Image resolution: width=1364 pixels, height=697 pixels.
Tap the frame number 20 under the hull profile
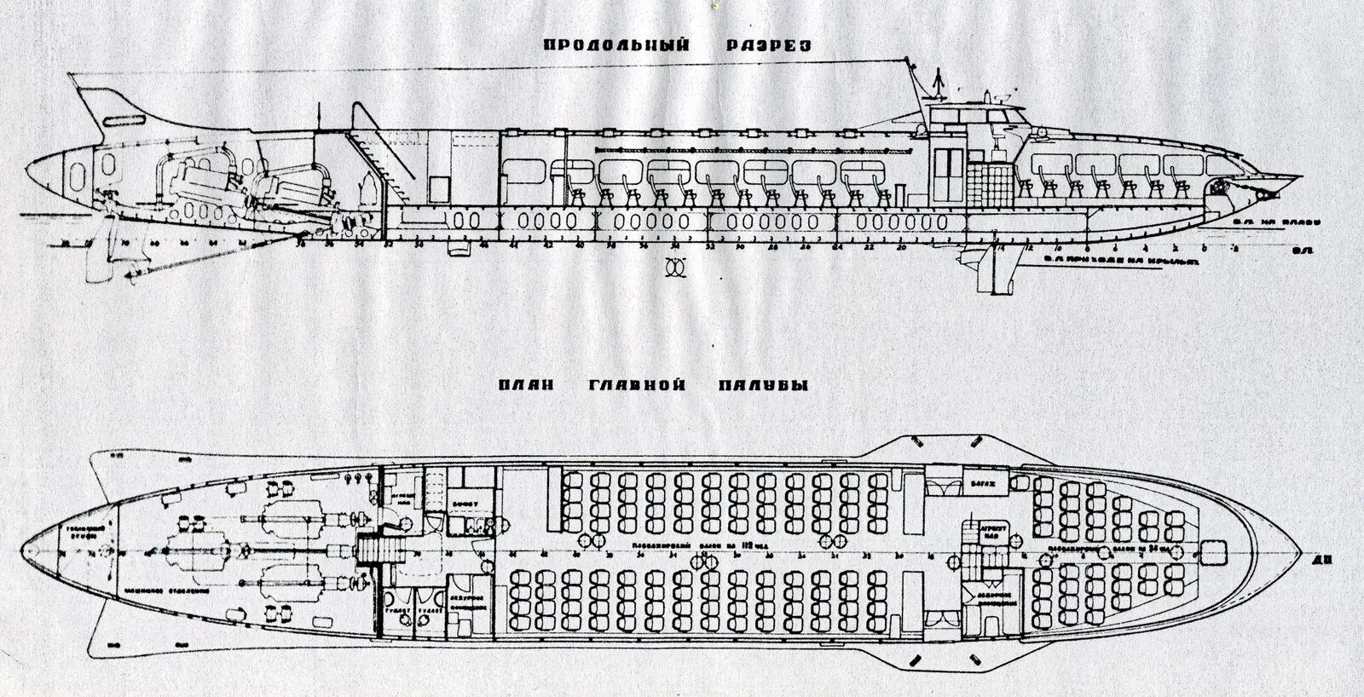pyautogui.click(x=901, y=247)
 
